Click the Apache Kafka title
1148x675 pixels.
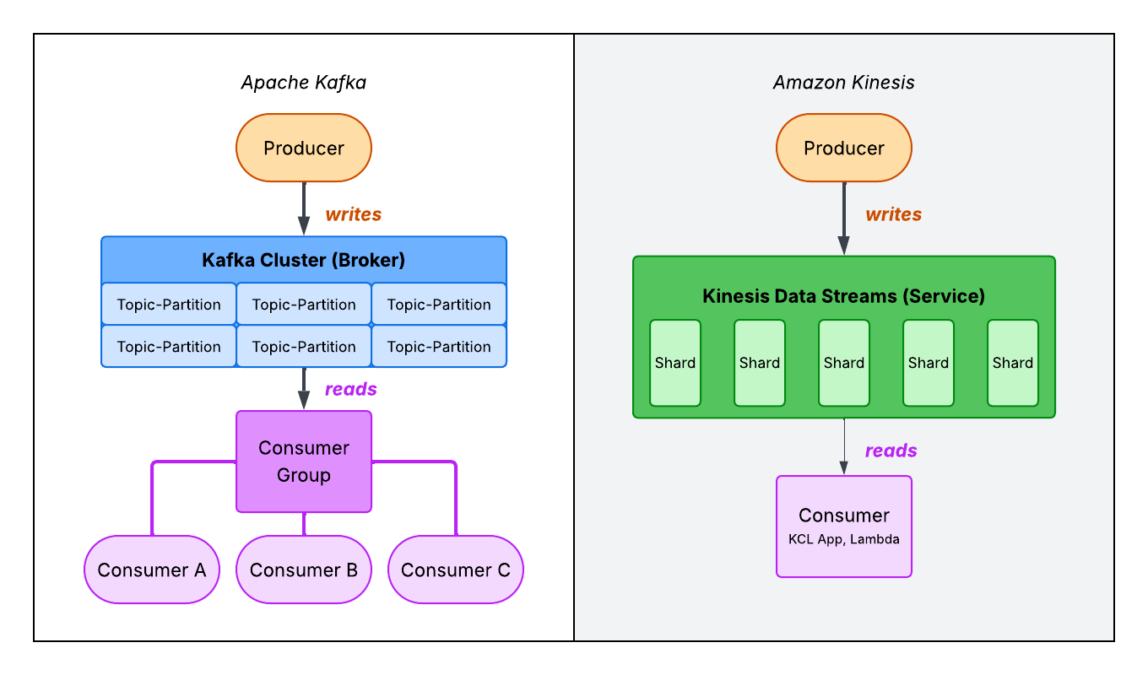click(x=303, y=83)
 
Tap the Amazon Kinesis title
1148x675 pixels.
click(x=843, y=83)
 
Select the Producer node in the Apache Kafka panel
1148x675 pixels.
click(x=304, y=148)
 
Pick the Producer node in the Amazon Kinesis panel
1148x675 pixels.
click(x=844, y=148)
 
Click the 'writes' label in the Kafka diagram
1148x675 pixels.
click(x=353, y=214)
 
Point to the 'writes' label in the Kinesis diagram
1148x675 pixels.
click(x=893, y=214)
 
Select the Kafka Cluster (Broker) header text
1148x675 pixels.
click(x=303, y=260)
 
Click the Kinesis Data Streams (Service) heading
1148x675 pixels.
click(x=843, y=296)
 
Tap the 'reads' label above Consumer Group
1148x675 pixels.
click(x=350, y=389)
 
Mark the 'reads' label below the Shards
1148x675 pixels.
click(x=891, y=451)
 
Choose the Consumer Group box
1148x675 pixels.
click(x=304, y=462)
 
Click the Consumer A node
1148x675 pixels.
click(x=152, y=570)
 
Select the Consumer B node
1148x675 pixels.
click(x=304, y=570)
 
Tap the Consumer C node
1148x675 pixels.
click(x=456, y=570)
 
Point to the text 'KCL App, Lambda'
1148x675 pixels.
click(x=844, y=539)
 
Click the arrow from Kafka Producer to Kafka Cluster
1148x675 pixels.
click(x=304, y=208)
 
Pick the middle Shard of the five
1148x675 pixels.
click(x=844, y=363)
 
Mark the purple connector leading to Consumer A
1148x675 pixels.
click(x=153, y=498)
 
